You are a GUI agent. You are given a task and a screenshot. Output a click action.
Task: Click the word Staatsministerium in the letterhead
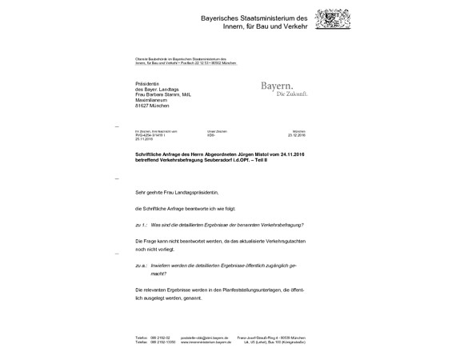(255, 18)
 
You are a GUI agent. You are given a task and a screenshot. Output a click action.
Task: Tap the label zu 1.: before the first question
(142, 225)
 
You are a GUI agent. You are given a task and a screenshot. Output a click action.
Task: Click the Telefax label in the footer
(142, 342)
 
